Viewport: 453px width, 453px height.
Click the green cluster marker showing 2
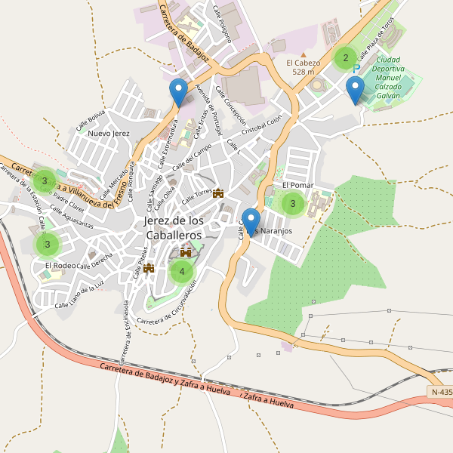click(x=345, y=57)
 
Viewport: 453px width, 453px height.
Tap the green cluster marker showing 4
click(x=181, y=271)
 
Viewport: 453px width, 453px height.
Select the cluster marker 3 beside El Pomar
click(x=292, y=203)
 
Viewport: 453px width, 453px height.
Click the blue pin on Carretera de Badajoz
click(x=178, y=93)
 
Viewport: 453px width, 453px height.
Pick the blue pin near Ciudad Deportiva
click(x=355, y=91)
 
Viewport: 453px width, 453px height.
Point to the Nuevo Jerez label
click(x=109, y=134)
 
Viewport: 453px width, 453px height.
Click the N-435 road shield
click(x=441, y=392)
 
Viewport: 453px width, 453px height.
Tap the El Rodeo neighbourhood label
click(x=60, y=266)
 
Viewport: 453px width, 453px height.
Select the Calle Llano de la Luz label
click(x=79, y=297)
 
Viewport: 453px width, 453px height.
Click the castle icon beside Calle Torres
click(x=219, y=193)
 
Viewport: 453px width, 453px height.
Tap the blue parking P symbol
click(x=356, y=68)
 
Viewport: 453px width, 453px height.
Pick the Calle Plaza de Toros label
click(x=376, y=38)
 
